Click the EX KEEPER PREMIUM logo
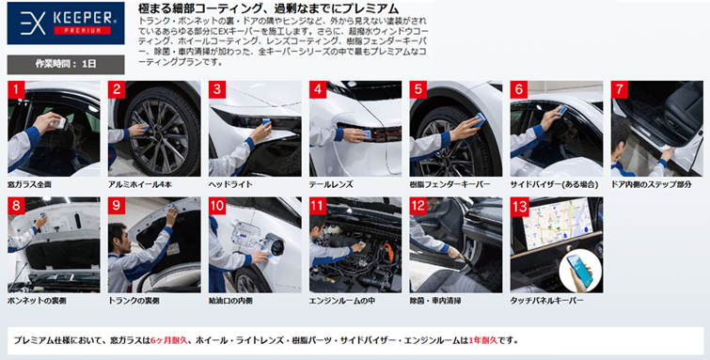click(x=66, y=23)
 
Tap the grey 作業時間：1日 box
click(x=66, y=64)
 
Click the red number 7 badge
click(x=620, y=89)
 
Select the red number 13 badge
click(x=519, y=206)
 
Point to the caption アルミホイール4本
click(x=140, y=185)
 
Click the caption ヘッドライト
click(x=230, y=185)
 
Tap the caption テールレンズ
click(x=331, y=185)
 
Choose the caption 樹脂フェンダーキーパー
click(x=450, y=185)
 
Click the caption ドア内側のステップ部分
click(x=651, y=185)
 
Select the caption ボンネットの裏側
click(x=37, y=301)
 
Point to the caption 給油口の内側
click(x=230, y=301)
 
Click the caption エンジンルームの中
click(x=342, y=301)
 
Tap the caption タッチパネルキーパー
click(x=547, y=301)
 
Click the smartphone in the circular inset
click(x=580, y=271)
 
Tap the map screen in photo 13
click(x=558, y=221)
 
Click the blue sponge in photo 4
click(x=367, y=134)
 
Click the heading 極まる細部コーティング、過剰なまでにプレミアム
click(x=268, y=8)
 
